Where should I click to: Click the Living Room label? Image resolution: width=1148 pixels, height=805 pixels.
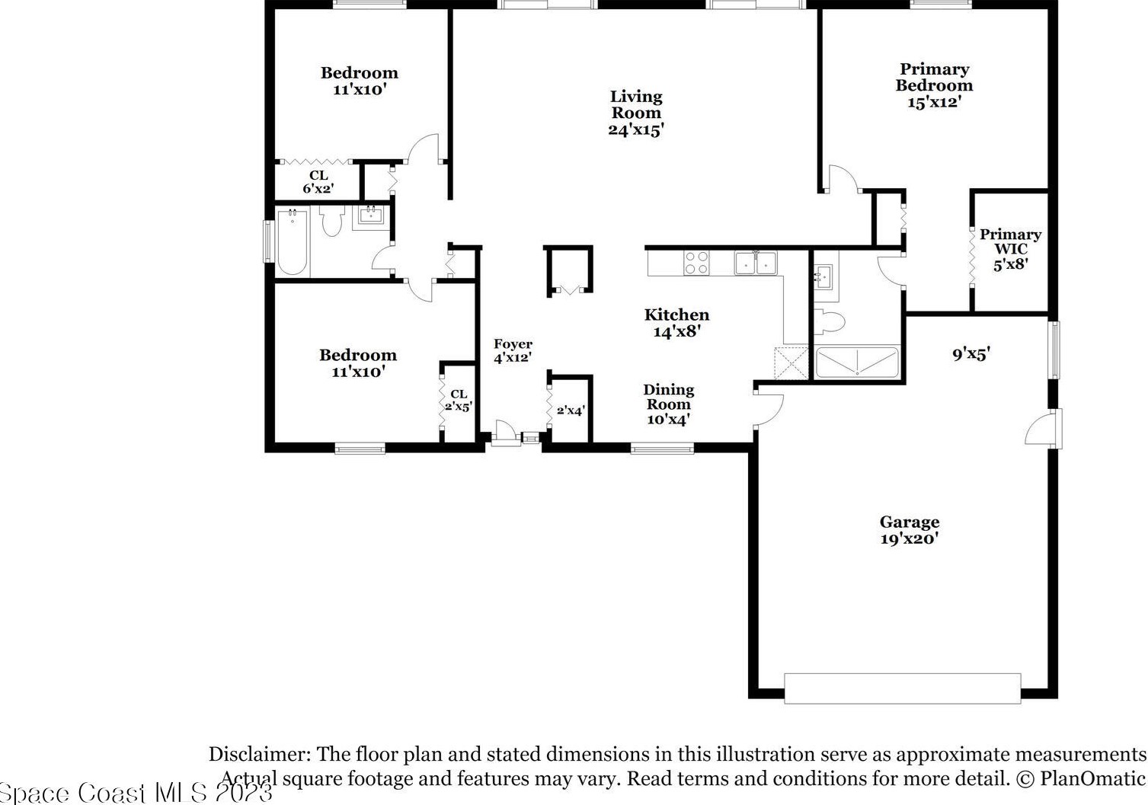(636, 113)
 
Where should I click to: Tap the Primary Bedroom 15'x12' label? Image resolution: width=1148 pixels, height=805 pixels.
(934, 85)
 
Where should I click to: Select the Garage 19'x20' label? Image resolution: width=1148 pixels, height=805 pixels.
(910, 530)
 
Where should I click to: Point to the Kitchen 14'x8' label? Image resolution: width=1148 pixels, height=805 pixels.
(676, 323)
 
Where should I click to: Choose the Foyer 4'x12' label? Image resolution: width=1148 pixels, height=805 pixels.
(513, 350)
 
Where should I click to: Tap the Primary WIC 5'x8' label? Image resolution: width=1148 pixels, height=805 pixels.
(1011, 249)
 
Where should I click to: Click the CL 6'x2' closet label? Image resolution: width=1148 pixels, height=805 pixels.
(318, 183)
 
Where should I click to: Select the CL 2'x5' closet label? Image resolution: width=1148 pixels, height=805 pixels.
(459, 400)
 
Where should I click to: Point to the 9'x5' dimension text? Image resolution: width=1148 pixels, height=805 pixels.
(971, 353)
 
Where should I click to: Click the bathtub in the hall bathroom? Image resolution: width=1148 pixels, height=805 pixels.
(293, 241)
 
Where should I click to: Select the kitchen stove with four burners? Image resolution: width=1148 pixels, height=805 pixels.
(696, 263)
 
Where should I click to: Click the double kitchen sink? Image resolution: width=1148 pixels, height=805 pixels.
(756, 263)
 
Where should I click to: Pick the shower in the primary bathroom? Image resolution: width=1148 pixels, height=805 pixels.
(857, 363)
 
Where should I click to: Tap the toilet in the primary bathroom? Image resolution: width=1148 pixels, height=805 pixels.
(830, 322)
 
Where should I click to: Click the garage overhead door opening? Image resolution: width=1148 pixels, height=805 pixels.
(903, 688)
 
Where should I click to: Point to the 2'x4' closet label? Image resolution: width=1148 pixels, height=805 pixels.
(571, 410)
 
